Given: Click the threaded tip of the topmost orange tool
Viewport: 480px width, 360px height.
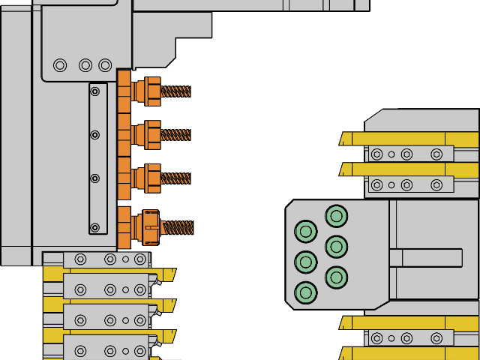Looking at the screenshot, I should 175,91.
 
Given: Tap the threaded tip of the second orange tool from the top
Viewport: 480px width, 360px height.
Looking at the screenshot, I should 175,135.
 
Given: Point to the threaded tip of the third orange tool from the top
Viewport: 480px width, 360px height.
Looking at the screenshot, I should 175,178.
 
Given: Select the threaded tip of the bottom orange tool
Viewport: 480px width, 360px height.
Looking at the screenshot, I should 178,227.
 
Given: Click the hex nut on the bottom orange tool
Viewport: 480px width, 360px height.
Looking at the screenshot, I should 151,227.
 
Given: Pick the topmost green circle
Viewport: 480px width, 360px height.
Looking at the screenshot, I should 336,216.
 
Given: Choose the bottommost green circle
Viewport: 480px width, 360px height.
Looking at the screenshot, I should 306,292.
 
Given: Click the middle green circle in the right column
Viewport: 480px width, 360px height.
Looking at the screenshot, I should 336,247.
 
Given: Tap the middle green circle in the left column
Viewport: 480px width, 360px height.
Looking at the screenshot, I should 306,262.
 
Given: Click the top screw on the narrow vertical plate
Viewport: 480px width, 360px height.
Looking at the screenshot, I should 94,91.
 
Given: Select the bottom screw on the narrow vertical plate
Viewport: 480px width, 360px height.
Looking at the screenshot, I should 94,227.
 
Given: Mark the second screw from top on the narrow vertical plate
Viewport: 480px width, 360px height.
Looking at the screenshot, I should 94,135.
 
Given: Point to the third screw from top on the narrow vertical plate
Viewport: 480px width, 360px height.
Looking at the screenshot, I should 94,178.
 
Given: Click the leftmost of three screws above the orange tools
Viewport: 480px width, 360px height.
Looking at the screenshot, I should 60,65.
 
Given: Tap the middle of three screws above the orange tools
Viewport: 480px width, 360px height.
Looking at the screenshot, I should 85,65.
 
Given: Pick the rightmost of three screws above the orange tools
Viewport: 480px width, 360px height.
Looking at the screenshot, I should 105,65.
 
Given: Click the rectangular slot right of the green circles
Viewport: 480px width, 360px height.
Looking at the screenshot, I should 425,258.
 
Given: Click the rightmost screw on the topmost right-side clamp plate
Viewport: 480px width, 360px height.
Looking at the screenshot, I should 436,154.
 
